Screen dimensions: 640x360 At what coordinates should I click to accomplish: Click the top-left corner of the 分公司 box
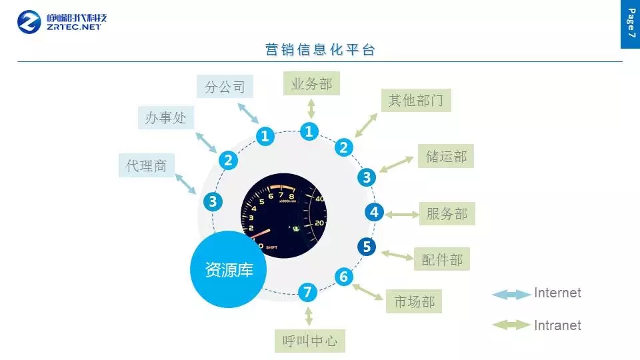(x=197, y=75)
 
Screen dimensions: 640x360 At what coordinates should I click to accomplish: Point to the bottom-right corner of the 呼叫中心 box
(x=345, y=352)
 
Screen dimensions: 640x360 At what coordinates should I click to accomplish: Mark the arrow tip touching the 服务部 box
(x=419, y=214)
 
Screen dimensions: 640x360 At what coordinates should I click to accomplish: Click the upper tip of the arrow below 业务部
(x=311, y=99)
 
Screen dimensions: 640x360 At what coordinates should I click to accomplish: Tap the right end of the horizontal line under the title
(x=623, y=61)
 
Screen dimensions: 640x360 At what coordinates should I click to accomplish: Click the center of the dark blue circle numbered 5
(x=367, y=247)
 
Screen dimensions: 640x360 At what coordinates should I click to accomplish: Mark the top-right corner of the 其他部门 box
(x=451, y=89)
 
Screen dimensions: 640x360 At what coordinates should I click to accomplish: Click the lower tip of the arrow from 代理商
(x=196, y=194)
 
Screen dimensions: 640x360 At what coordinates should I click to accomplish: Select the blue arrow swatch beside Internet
(x=511, y=294)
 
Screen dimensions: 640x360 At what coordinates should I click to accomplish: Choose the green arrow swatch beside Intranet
(x=511, y=325)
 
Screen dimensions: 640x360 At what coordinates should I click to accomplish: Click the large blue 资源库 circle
(x=228, y=269)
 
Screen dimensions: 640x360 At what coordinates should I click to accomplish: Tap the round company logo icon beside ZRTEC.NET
(x=29, y=22)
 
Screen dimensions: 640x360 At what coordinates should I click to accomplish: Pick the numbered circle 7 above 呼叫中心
(x=307, y=292)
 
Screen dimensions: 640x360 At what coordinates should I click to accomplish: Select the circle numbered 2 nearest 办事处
(x=228, y=160)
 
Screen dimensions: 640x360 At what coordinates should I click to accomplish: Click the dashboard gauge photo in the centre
(x=284, y=215)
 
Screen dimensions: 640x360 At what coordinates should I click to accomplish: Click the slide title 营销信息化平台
(x=320, y=49)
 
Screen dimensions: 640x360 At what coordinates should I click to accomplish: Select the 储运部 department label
(x=446, y=156)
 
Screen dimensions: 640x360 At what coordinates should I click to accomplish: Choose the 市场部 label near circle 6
(x=414, y=301)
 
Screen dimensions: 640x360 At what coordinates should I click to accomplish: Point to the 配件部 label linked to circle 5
(x=441, y=259)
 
